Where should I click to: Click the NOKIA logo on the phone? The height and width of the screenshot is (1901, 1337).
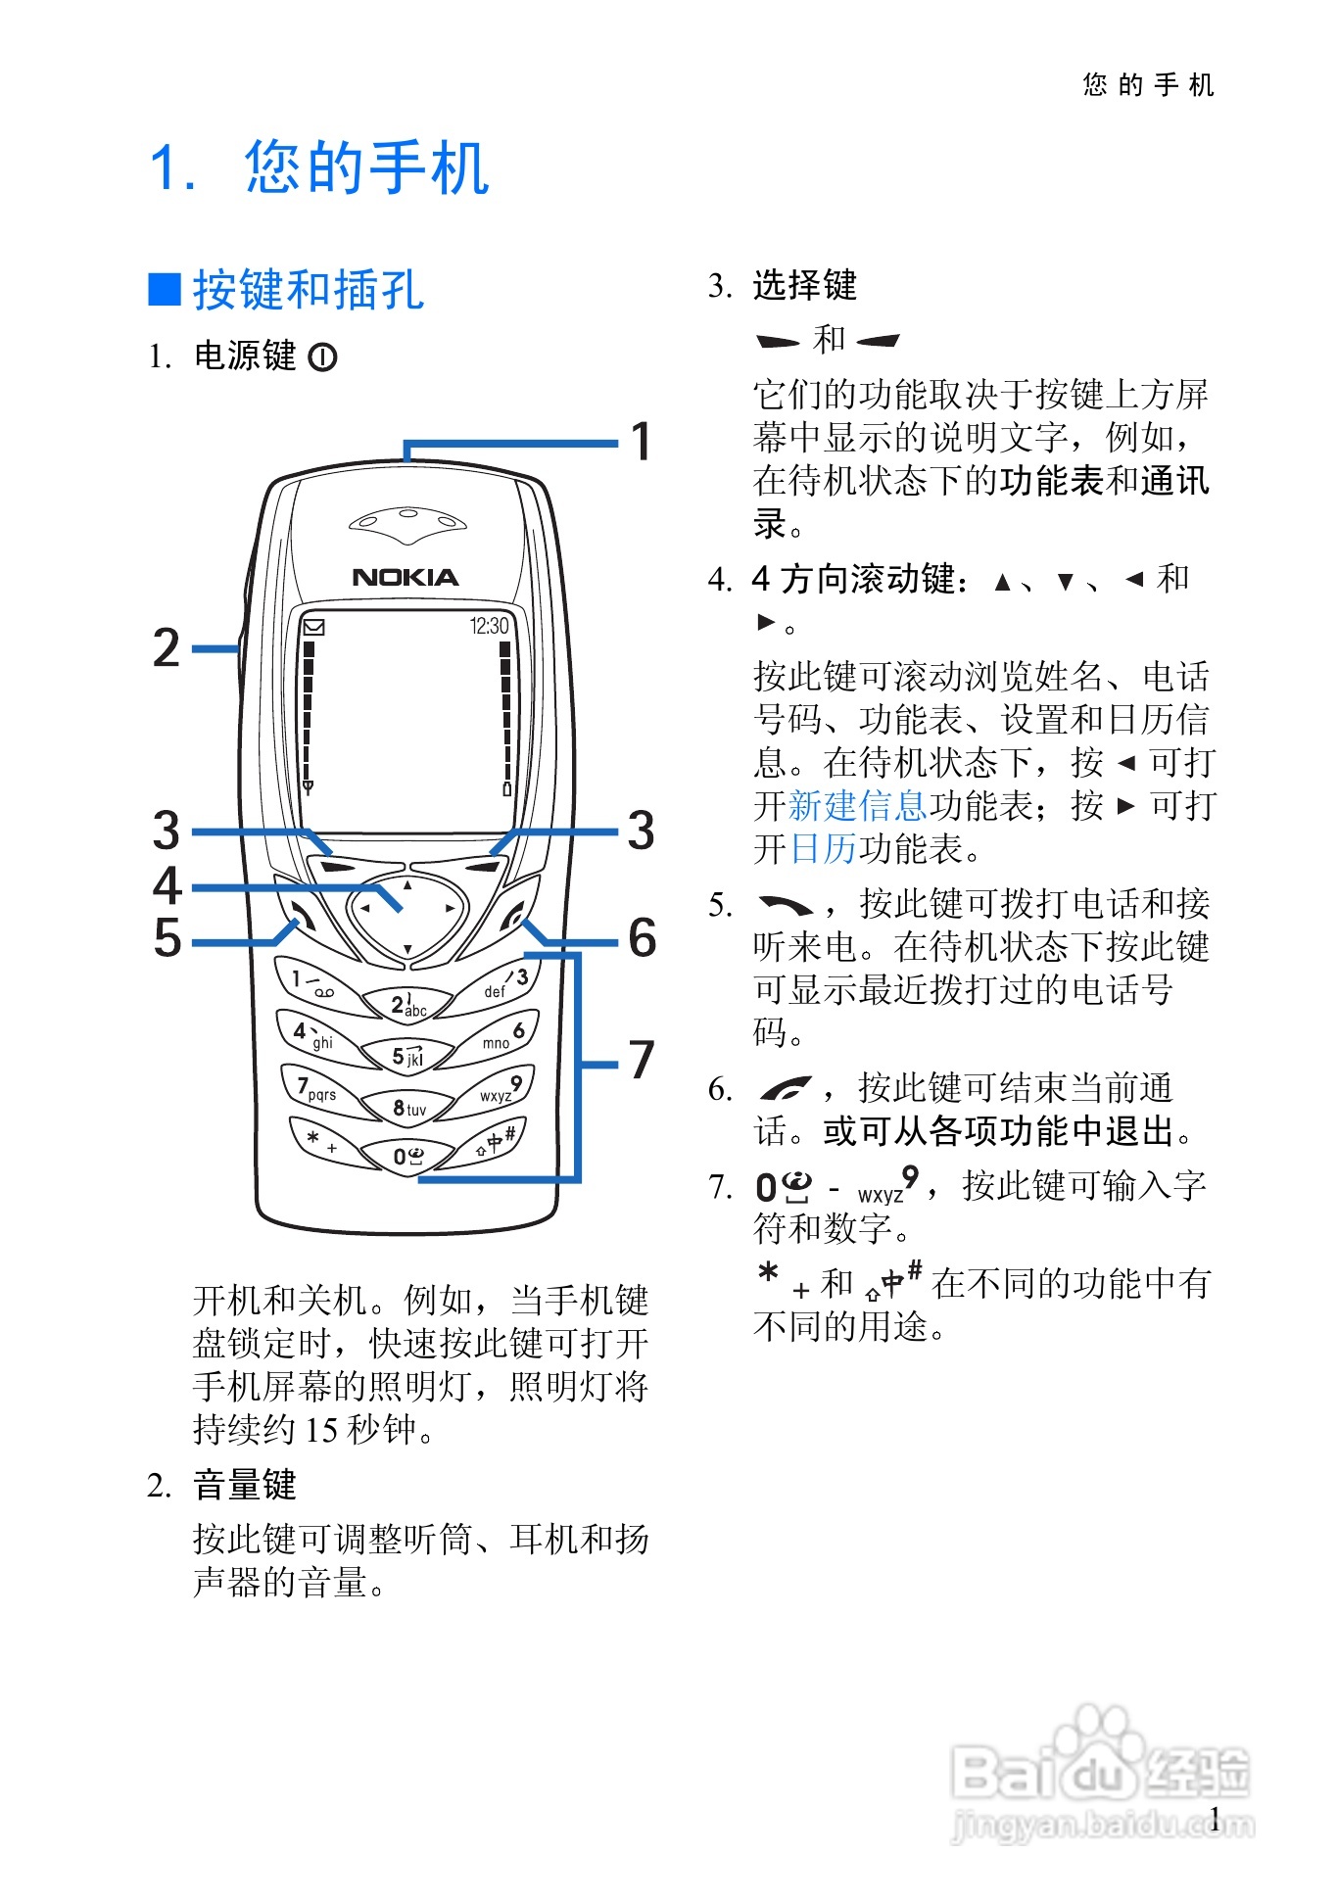tap(405, 577)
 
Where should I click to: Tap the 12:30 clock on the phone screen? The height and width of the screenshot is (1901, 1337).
tap(489, 626)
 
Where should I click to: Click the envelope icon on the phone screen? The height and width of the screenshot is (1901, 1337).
tap(313, 627)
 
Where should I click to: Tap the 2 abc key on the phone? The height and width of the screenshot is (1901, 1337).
tap(407, 1004)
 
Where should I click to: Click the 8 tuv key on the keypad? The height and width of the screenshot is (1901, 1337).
tap(408, 1108)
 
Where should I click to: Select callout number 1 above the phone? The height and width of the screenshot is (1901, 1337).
tap(641, 441)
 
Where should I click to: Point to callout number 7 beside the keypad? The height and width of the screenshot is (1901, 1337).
tap(641, 1060)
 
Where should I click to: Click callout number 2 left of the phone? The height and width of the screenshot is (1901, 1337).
tap(167, 648)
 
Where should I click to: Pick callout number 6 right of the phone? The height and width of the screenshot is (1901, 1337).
tap(642, 937)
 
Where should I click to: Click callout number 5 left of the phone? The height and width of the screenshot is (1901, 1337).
tap(167, 937)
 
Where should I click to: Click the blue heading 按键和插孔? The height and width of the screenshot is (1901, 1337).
tap(309, 290)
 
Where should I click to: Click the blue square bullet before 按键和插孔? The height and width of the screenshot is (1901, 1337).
tap(165, 289)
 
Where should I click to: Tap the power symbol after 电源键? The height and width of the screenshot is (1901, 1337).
tap(322, 357)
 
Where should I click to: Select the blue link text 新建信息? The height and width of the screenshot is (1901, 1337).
tap(857, 806)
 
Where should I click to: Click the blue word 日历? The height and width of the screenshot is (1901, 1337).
tap(823, 849)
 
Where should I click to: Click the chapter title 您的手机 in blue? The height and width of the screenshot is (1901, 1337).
tap(366, 167)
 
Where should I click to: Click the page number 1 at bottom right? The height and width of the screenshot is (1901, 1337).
tap(1215, 1820)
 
